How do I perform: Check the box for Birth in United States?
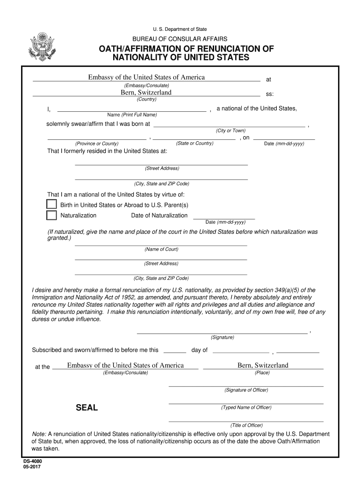point(51,204)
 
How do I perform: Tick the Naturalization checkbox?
point(51,215)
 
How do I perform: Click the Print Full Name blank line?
point(131,111)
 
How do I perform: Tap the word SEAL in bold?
point(87,408)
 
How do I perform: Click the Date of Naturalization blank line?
point(224,218)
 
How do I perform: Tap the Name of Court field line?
point(161,245)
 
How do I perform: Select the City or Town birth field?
point(230,126)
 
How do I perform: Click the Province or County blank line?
point(96,139)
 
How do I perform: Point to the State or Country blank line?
point(194,139)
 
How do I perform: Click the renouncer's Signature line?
point(222,333)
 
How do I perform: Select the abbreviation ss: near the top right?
point(270,94)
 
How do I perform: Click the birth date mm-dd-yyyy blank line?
point(284,139)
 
